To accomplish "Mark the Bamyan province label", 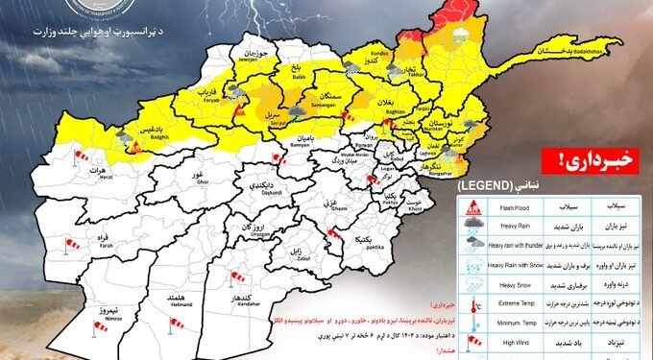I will tap(271, 142).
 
